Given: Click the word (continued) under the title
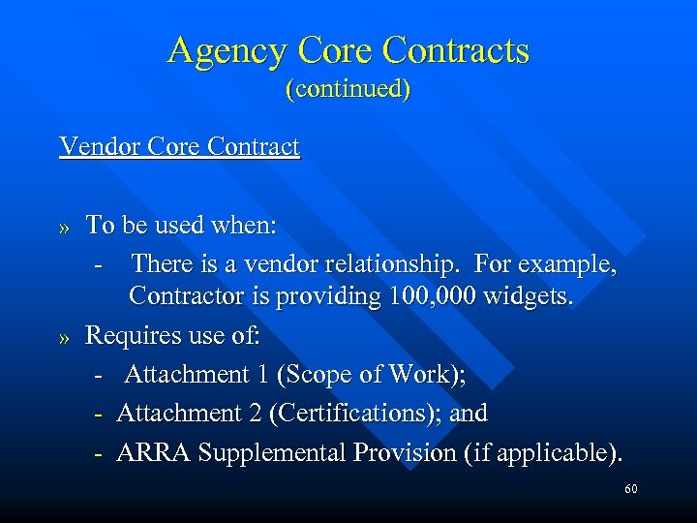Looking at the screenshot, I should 348,89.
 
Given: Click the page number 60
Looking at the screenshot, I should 630,490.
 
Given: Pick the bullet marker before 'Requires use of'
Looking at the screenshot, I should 66,338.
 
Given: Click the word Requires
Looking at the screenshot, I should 130,336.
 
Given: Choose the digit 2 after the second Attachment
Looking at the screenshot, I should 254,414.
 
